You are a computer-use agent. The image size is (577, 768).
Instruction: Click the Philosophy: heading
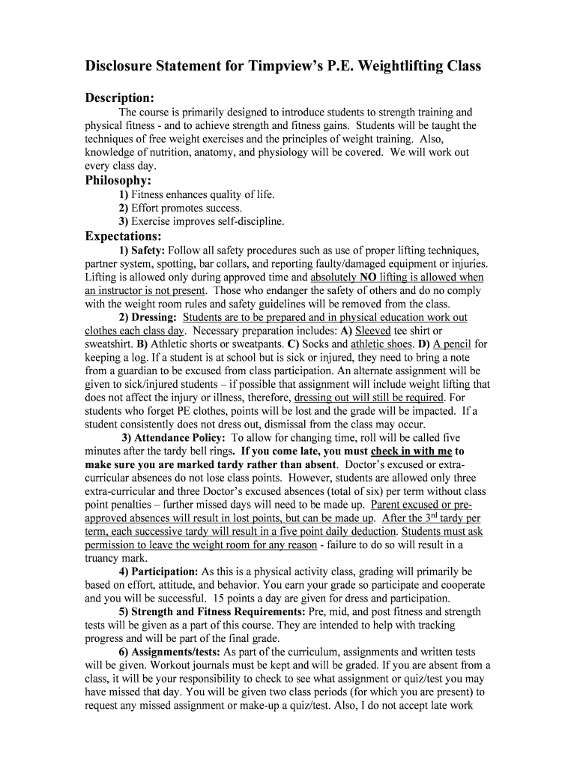tap(118, 181)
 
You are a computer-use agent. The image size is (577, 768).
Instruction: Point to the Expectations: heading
tap(123, 236)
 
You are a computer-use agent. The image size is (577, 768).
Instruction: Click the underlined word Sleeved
tap(373, 331)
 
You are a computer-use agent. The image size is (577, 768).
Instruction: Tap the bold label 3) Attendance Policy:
tap(173, 438)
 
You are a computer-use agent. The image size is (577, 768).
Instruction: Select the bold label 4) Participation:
tap(159, 571)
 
